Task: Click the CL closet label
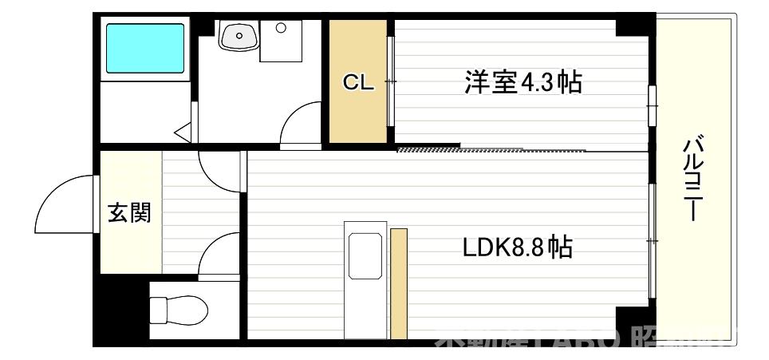click(x=358, y=82)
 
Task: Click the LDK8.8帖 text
click(x=517, y=247)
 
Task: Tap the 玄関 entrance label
click(x=130, y=213)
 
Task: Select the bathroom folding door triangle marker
click(x=183, y=130)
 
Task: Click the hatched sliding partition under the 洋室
click(x=428, y=148)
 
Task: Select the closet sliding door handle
click(x=391, y=81)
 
